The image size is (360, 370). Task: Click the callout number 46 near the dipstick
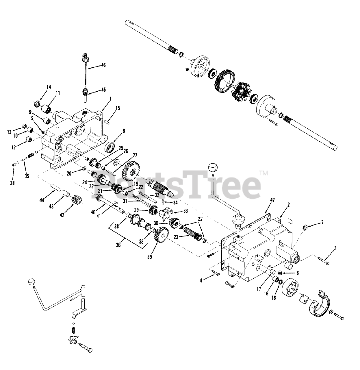103,65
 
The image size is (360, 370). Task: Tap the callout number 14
48,86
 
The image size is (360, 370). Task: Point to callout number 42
63,215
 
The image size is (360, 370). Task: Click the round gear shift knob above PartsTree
213,168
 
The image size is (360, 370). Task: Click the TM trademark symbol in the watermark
264,173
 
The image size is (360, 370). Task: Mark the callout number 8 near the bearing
124,131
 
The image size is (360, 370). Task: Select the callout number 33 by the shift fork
185,211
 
